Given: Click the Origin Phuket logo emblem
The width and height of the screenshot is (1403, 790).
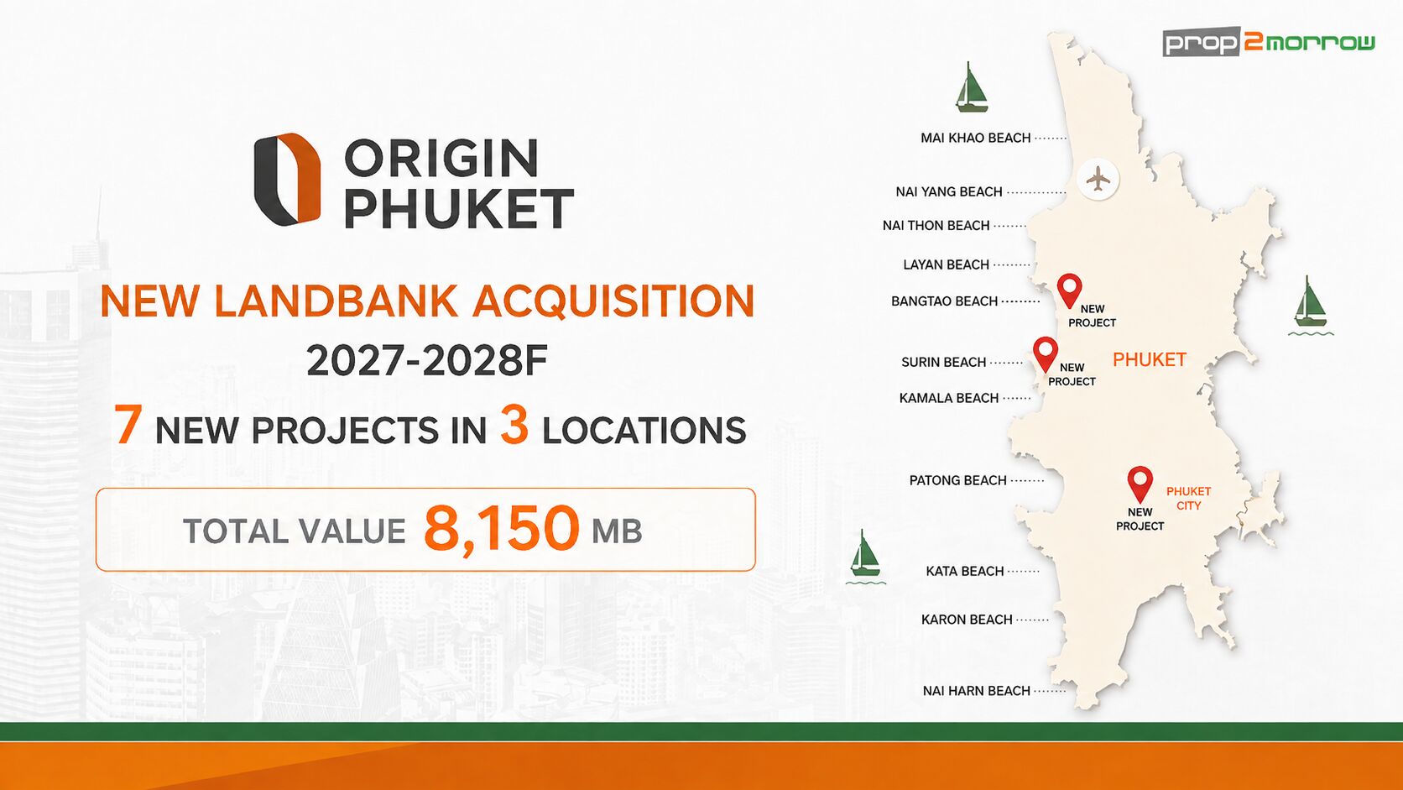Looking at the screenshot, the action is pos(288,179).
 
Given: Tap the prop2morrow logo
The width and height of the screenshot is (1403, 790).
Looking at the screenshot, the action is pos(1269,41).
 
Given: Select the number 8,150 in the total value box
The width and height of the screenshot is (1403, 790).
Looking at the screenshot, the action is pos(502,530).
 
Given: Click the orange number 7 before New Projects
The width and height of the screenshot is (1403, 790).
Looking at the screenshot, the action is pos(128,425).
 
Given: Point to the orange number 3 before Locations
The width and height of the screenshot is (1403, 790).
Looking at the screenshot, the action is pos(514,425).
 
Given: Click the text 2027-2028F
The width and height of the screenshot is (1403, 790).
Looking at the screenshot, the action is pos(427,361).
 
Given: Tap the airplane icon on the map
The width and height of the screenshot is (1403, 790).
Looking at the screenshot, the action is pos(1098,180).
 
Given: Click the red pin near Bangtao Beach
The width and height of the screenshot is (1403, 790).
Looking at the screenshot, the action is pos(1069,291).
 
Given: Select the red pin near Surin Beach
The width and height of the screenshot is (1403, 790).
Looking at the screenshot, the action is pos(1045,354).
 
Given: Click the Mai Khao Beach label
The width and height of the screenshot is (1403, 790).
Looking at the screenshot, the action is pos(975,138).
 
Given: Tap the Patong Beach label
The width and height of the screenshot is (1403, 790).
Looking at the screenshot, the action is pos(957,480).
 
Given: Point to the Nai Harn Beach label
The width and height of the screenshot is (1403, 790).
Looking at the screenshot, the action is pos(977,691).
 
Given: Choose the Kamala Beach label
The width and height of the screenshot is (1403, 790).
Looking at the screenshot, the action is pos(949,399).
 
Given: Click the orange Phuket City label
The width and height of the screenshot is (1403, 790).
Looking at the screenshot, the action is pos(1188,499).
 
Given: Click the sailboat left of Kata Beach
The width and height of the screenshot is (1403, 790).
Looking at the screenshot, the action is pos(865,557).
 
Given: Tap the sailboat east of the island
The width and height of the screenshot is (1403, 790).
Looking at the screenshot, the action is pos(1311,305).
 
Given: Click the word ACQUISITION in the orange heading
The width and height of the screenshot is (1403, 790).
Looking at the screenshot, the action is pos(614,301).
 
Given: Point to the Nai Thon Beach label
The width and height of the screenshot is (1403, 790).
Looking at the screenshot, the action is pos(936,226).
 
